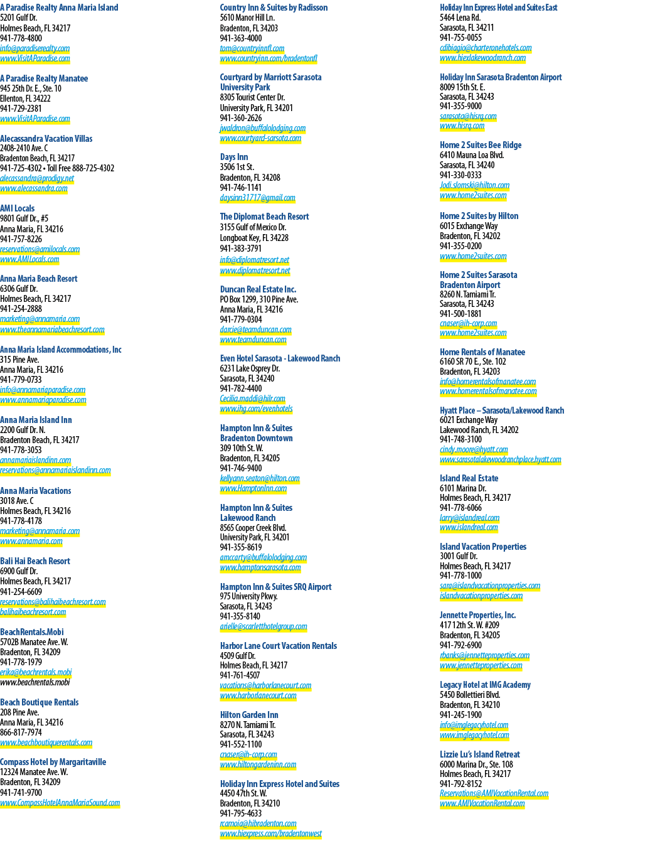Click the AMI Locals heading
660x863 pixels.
tap(18, 208)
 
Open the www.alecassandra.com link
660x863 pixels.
tap(34, 188)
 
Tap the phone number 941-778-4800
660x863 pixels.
tap(21, 38)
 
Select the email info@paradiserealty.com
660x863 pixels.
tap(35, 48)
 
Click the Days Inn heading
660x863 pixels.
tap(234, 157)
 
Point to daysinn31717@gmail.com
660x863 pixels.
tap(258, 198)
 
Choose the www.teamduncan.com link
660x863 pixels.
tap(253, 340)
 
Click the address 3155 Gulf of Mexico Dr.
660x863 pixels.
tap(253, 227)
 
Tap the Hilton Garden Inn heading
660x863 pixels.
tap(249, 715)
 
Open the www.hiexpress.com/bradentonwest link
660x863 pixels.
tap(270, 834)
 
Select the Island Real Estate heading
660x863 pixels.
tap(469, 478)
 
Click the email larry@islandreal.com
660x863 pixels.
tap(470, 518)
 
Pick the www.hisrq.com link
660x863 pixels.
tap(462, 126)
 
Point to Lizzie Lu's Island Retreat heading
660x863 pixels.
tap(480, 754)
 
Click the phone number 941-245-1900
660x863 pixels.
tap(461, 715)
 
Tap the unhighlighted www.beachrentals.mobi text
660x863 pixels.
tap(35, 682)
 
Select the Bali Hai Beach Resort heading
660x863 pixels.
tap(35, 561)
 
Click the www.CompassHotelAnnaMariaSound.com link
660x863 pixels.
tap(60, 803)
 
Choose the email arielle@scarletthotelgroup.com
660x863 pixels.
tap(263, 626)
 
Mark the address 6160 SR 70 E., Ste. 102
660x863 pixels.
tap(473, 362)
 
